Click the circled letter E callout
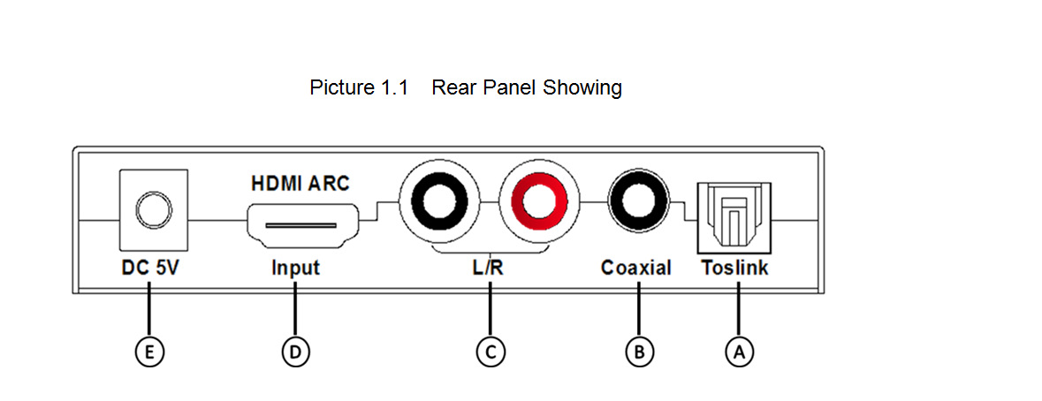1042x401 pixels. coord(149,352)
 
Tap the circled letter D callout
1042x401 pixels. coord(296,352)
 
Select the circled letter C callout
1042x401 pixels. coord(489,352)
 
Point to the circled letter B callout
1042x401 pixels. coord(638,352)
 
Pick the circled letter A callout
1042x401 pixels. coord(738,352)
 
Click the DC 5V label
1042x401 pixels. coord(149,268)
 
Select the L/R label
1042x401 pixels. coord(488,268)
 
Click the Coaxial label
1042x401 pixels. coord(636,268)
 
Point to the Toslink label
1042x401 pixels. coord(734,268)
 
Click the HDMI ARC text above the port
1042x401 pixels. coord(300,184)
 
